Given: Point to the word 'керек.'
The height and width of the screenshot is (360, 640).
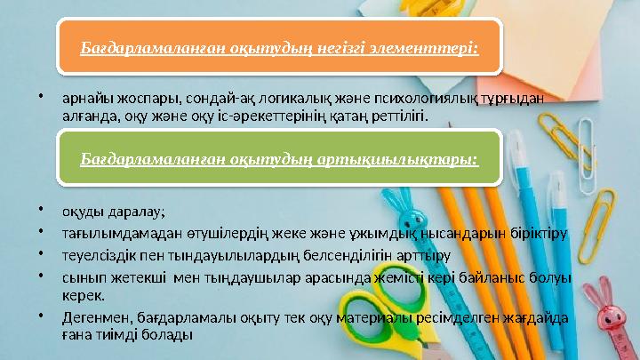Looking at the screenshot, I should [82, 295].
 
